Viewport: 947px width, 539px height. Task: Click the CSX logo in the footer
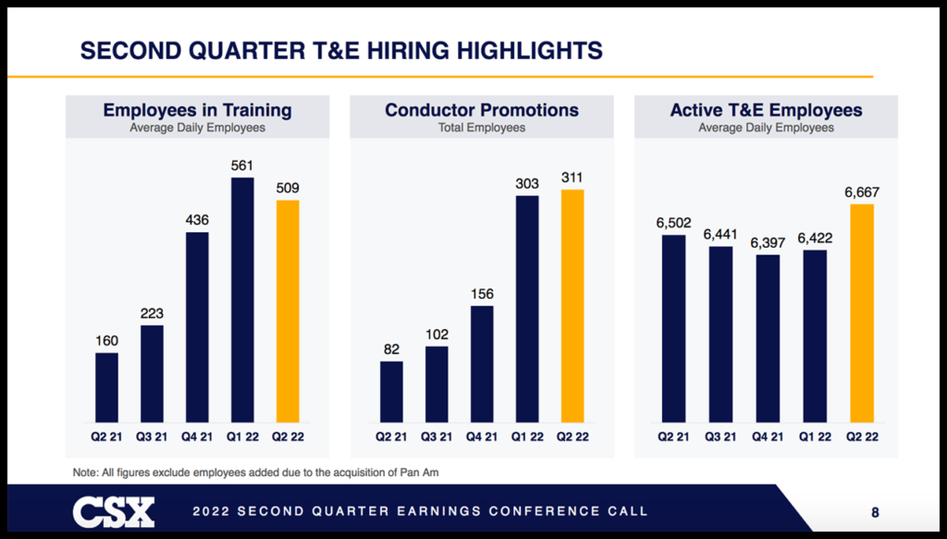click(114, 511)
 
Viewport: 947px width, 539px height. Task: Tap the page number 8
click(875, 511)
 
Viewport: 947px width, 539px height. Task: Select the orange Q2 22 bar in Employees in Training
click(288, 311)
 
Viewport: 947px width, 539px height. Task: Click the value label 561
click(242, 165)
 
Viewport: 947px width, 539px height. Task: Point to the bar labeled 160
click(107, 386)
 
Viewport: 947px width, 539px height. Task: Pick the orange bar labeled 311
click(572, 305)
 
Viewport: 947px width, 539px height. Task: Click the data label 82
click(391, 349)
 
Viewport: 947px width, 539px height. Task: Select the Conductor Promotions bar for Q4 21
click(482, 363)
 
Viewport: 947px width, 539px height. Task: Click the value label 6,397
click(767, 242)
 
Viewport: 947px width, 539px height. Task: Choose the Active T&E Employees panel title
click(766, 110)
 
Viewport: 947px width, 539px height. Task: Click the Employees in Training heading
click(197, 110)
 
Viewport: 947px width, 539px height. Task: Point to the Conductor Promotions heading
click(482, 110)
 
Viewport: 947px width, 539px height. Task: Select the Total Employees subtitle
click(482, 128)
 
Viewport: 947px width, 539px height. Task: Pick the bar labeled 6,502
click(674, 328)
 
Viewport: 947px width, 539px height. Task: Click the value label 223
click(152, 313)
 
